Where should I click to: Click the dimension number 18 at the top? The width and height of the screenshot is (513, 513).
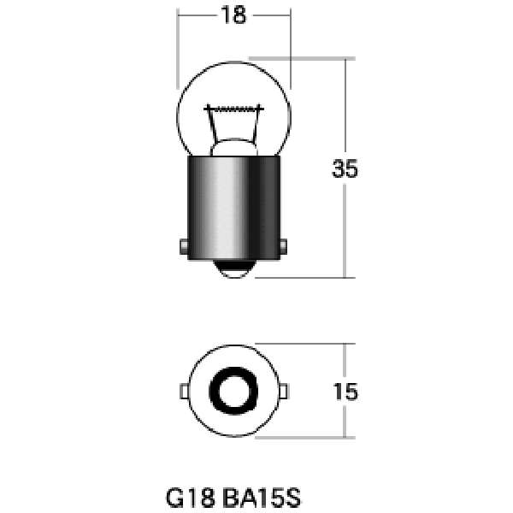click(233, 15)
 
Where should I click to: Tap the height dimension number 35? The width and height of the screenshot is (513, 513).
click(345, 168)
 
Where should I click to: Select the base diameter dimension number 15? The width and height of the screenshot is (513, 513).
click(345, 392)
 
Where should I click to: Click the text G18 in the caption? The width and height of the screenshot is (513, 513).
click(191, 498)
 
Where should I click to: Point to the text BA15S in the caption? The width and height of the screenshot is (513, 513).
click(262, 498)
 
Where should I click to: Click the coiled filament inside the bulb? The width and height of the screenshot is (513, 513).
click(233, 109)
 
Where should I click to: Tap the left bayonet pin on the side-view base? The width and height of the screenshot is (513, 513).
click(184, 247)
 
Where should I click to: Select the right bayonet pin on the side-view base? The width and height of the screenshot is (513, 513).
click(284, 247)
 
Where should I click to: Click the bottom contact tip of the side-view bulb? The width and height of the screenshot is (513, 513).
click(234, 269)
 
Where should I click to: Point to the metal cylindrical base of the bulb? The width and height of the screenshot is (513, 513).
click(234, 208)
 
